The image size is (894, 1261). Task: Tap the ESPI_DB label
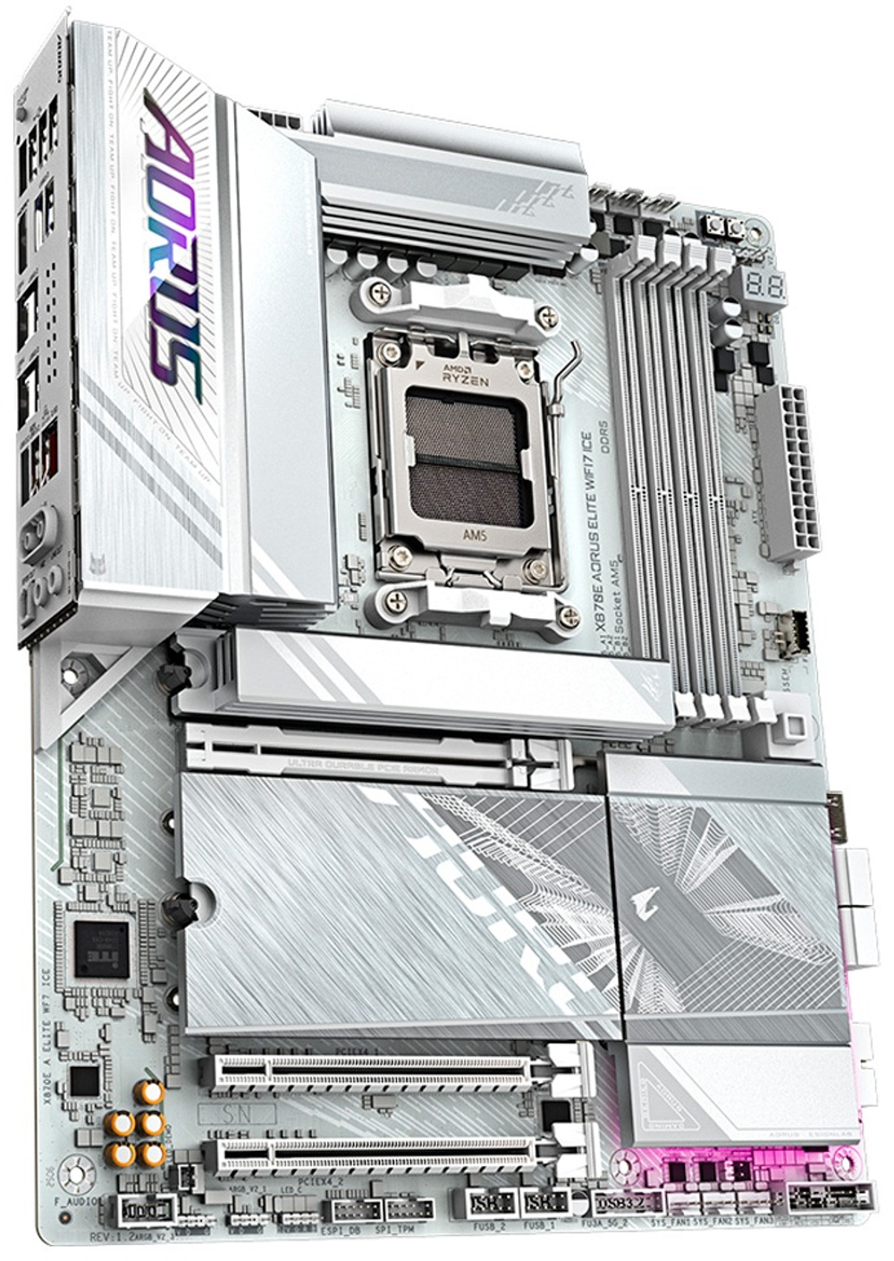(x=340, y=1231)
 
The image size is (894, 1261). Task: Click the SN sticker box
(x=238, y=1114)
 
